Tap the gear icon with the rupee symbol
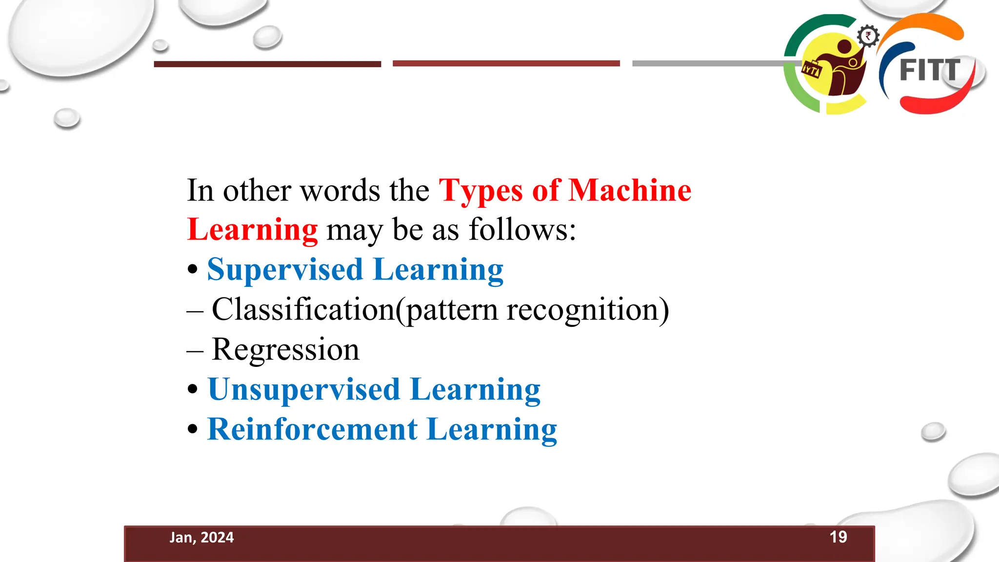868,36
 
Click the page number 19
838,537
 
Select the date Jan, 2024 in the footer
201,538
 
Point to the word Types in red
481,191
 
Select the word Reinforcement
312,429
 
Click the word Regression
285,350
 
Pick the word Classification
303,309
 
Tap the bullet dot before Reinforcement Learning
193,429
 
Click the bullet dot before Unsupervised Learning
193,389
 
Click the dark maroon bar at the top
267,64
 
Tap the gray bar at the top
707,63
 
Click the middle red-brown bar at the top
506,63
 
